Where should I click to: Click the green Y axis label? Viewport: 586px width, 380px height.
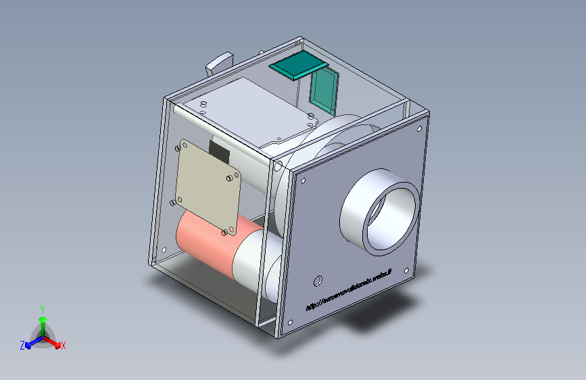(x=43, y=308)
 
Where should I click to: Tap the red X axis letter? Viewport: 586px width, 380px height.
(x=64, y=346)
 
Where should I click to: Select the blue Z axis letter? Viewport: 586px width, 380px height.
(x=22, y=346)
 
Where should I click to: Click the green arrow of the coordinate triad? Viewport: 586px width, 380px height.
(x=43, y=321)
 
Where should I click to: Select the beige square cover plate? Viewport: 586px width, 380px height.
(x=206, y=186)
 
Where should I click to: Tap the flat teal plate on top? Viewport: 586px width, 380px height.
(x=298, y=66)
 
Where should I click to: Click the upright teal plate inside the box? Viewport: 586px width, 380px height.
(x=324, y=91)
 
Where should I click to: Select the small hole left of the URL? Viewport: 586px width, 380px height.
(x=317, y=280)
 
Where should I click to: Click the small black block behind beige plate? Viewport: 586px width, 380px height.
(x=218, y=149)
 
